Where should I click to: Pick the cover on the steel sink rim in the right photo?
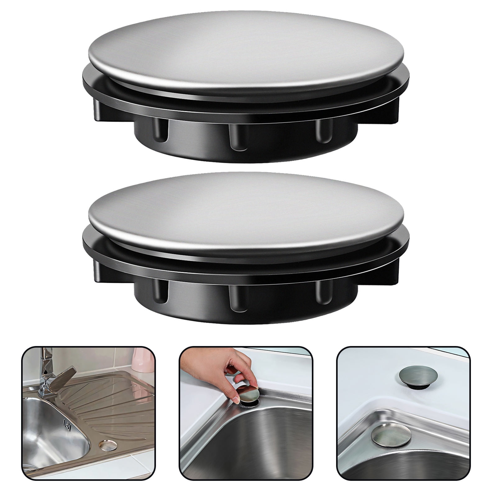[391, 435]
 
